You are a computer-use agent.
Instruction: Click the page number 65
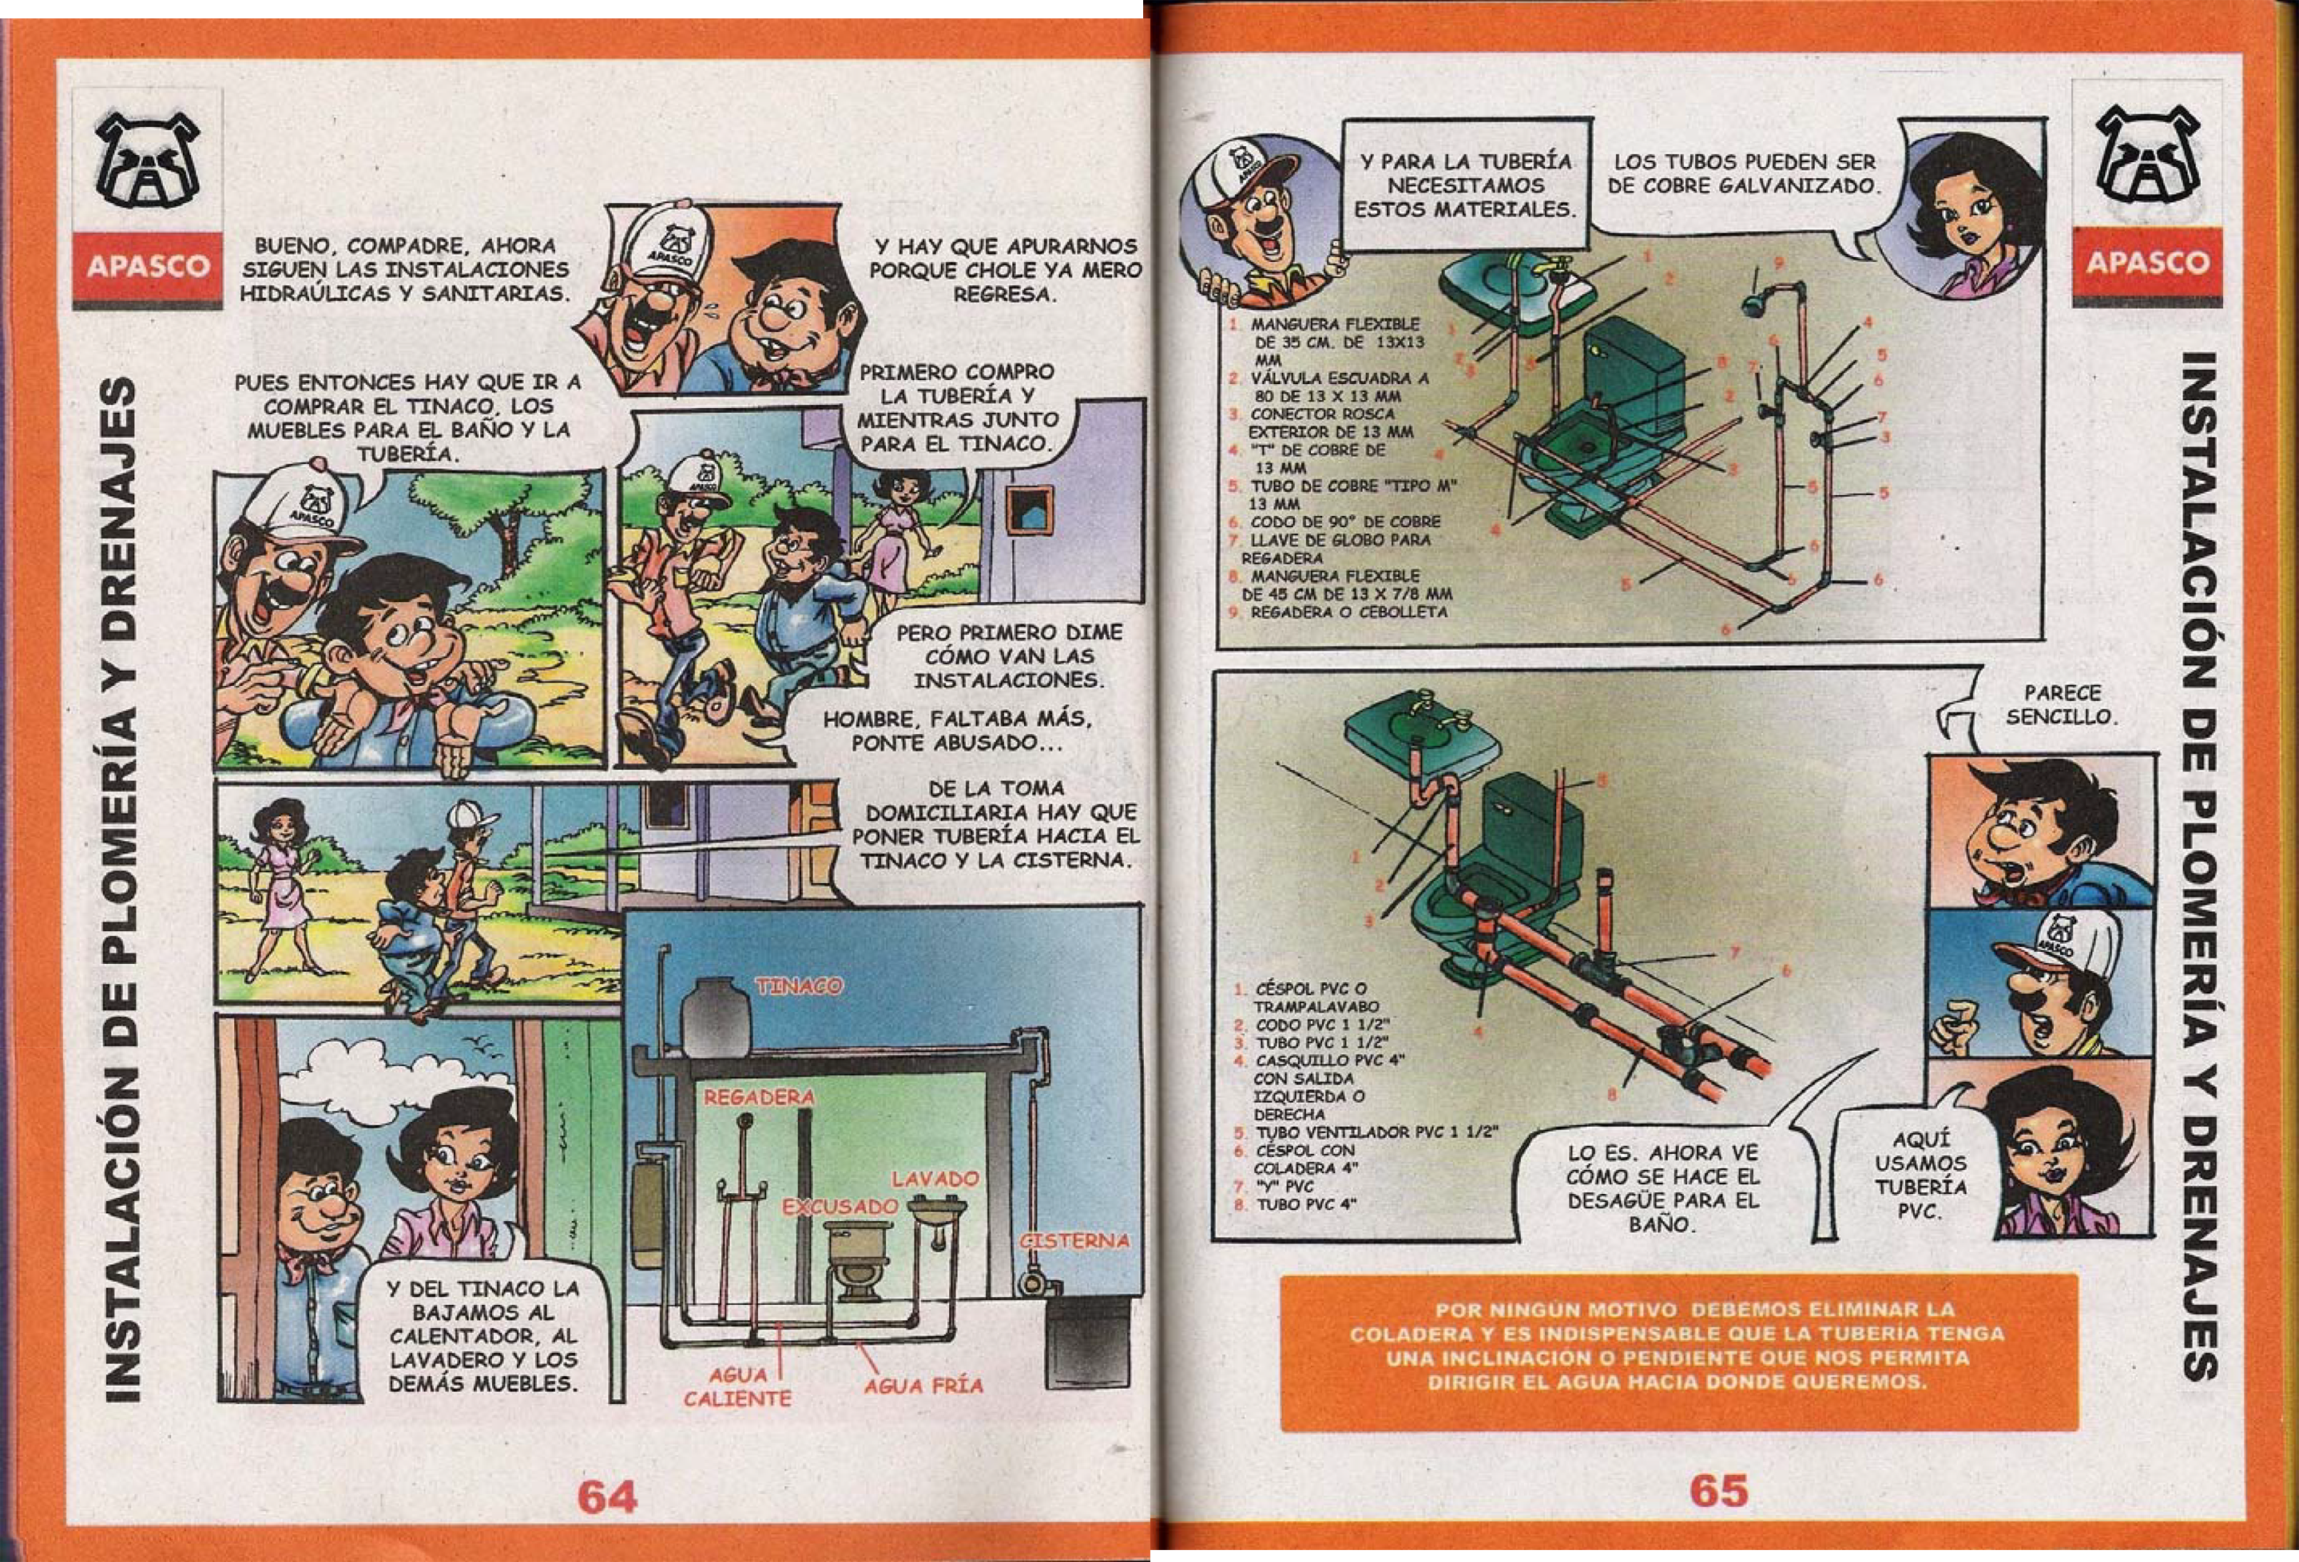tap(1718, 1489)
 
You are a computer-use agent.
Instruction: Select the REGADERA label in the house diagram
tap(759, 1098)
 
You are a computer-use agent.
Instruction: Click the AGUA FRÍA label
tap(923, 1386)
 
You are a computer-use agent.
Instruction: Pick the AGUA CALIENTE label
tap(737, 1387)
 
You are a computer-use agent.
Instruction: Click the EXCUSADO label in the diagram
tap(840, 1207)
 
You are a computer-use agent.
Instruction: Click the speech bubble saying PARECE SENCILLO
tap(2047, 705)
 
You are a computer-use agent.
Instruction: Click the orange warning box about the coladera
tap(1679, 1351)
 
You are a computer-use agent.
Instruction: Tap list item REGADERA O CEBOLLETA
tap(1342, 613)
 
